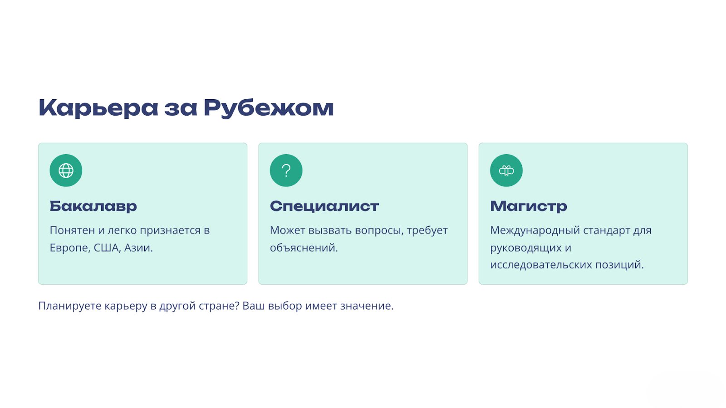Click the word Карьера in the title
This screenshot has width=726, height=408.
[x=98, y=108]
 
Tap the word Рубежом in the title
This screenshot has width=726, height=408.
[x=269, y=108]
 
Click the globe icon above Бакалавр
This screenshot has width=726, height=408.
[x=66, y=170]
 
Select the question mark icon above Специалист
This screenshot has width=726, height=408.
[x=286, y=170]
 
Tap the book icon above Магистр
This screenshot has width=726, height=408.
[x=506, y=170]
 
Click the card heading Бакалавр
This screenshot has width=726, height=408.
[x=93, y=206]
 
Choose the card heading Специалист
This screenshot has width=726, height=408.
[x=324, y=206]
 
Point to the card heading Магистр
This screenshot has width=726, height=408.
[x=529, y=206]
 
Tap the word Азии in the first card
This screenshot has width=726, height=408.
[x=138, y=248]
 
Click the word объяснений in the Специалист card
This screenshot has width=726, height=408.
[x=304, y=248]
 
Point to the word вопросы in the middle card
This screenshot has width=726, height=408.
[x=379, y=231]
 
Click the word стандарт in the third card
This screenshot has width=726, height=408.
[x=607, y=231]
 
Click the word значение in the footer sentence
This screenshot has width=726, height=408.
[x=367, y=306]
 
